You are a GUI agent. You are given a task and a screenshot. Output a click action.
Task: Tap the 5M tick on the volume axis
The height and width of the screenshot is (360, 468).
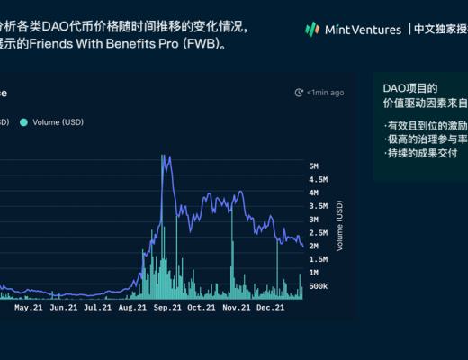coord(314,166)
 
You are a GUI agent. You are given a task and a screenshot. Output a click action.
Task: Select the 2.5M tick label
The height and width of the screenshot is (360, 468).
coord(318,232)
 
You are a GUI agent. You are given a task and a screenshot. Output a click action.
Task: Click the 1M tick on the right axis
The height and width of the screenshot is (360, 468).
coord(314,272)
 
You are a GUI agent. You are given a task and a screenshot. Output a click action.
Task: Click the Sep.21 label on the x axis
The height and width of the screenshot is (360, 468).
coord(168,307)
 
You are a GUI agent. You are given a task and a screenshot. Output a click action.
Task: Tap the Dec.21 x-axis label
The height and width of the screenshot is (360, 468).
coord(269,307)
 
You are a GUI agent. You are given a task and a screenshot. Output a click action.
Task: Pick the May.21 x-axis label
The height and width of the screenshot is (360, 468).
coord(30,307)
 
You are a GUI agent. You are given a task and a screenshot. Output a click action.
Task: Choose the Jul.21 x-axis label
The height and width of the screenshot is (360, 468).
coord(97,307)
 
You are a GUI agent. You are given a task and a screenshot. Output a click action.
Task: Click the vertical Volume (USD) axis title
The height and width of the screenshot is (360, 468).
coord(339,225)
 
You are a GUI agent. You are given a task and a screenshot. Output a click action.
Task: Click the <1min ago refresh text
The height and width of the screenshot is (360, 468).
coord(325,92)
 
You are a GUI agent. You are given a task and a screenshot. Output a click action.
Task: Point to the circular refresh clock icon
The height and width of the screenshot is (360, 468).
coord(299,92)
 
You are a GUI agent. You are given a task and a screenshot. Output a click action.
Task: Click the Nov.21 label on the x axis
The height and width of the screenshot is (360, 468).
coord(236,307)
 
